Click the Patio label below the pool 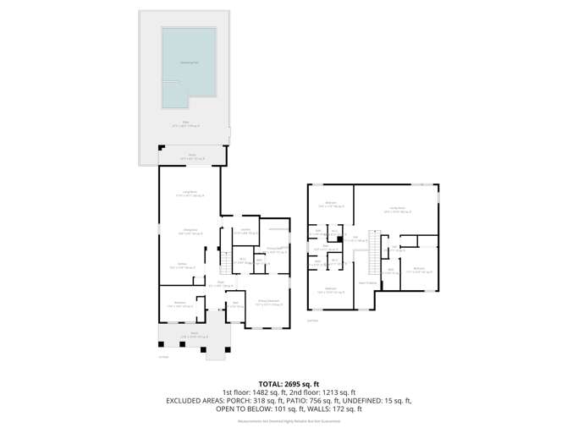coord(184,123)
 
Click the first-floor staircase coord(225,260)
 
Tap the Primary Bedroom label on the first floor coord(267,302)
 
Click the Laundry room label coord(245,231)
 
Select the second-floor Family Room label coord(397,210)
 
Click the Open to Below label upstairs coord(366,282)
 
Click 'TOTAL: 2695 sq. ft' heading coord(289,383)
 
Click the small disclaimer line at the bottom coord(289,419)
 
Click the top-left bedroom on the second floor coord(331,204)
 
